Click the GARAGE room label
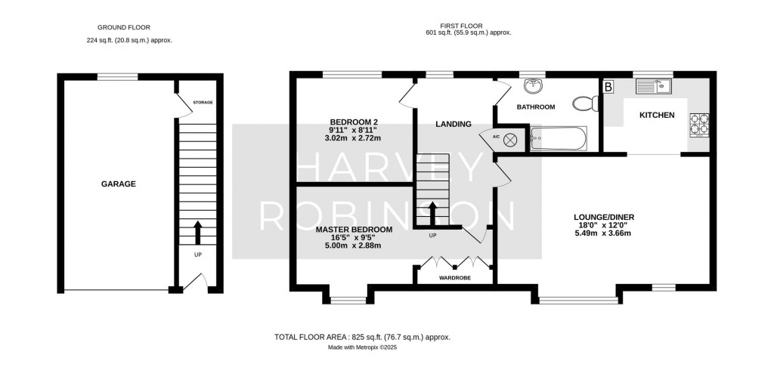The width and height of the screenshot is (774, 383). pyautogui.click(x=119, y=184)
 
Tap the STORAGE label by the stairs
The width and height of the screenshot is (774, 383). pyautogui.click(x=203, y=102)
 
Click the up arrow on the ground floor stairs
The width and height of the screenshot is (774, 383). pyautogui.click(x=198, y=230)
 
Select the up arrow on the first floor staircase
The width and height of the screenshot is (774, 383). pyautogui.click(x=432, y=212)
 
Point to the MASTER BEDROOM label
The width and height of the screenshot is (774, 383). pyautogui.click(x=354, y=229)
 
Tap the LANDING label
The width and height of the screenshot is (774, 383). pyautogui.click(x=454, y=124)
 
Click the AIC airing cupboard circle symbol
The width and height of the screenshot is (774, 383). pyautogui.click(x=510, y=138)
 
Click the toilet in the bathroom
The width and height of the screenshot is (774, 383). pyautogui.click(x=584, y=103)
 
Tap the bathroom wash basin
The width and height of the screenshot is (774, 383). pyautogui.click(x=534, y=84)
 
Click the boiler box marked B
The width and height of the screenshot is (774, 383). pyautogui.click(x=608, y=87)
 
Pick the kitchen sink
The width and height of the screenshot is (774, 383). pyautogui.click(x=653, y=86)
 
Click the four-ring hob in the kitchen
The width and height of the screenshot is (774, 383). pyautogui.click(x=698, y=123)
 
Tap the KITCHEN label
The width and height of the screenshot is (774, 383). pyautogui.click(x=656, y=115)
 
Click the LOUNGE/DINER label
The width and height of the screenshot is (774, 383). pyautogui.click(x=603, y=218)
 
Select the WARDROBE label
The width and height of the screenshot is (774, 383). pyautogui.click(x=454, y=278)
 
